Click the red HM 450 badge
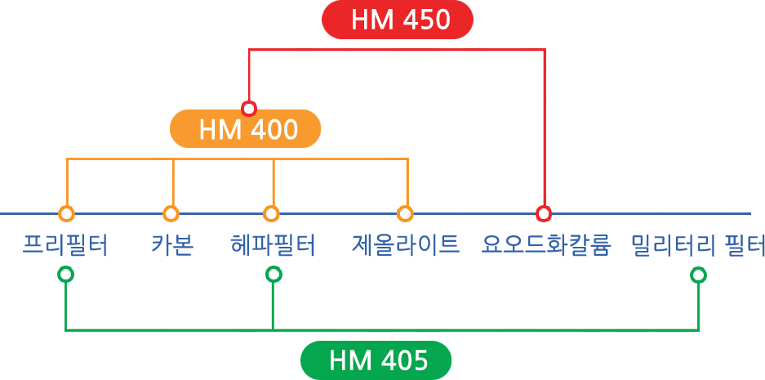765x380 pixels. click(x=398, y=20)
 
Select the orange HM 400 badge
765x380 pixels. click(x=245, y=129)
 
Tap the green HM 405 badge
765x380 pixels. click(x=376, y=360)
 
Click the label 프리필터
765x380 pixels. click(x=65, y=244)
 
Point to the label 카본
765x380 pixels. click(x=172, y=244)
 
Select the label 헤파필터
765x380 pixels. click(x=273, y=244)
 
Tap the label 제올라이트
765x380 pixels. click(x=406, y=244)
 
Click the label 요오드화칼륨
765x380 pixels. click(x=546, y=244)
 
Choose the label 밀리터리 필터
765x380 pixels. click(x=697, y=244)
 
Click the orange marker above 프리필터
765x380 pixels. click(x=67, y=214)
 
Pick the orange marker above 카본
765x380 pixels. click(x=171, y=214)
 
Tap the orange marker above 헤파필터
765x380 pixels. click(x=271, y=214)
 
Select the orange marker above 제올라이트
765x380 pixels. click(x=405, y=214)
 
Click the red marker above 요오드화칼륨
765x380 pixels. click(x=544, y=214)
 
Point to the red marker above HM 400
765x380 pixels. click(x=249, y=108)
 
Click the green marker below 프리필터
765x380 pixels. click(x=66, y=275)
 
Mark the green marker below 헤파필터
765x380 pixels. click(x=274, y=275)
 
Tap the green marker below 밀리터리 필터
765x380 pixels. click(x=698, y=275)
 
